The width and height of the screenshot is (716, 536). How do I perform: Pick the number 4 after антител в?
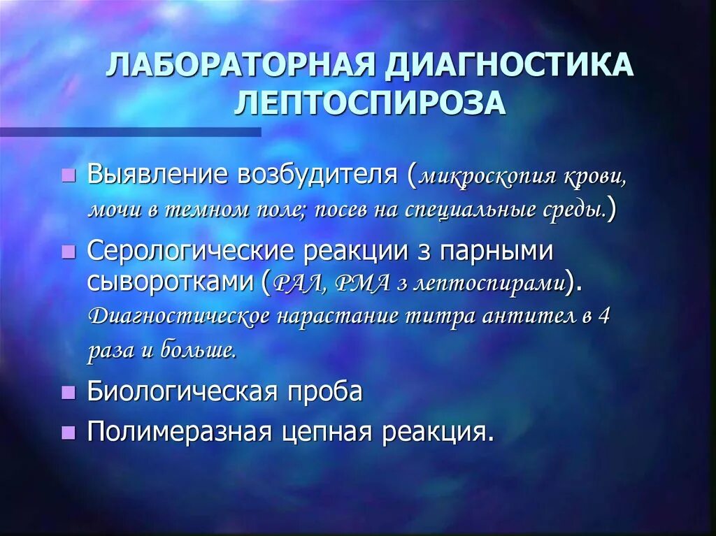[605, 315]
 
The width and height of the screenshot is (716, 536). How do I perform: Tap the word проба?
[328, 391]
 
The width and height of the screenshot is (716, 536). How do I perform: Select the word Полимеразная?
[179, 432]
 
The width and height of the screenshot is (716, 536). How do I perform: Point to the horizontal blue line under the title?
[130, 131]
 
